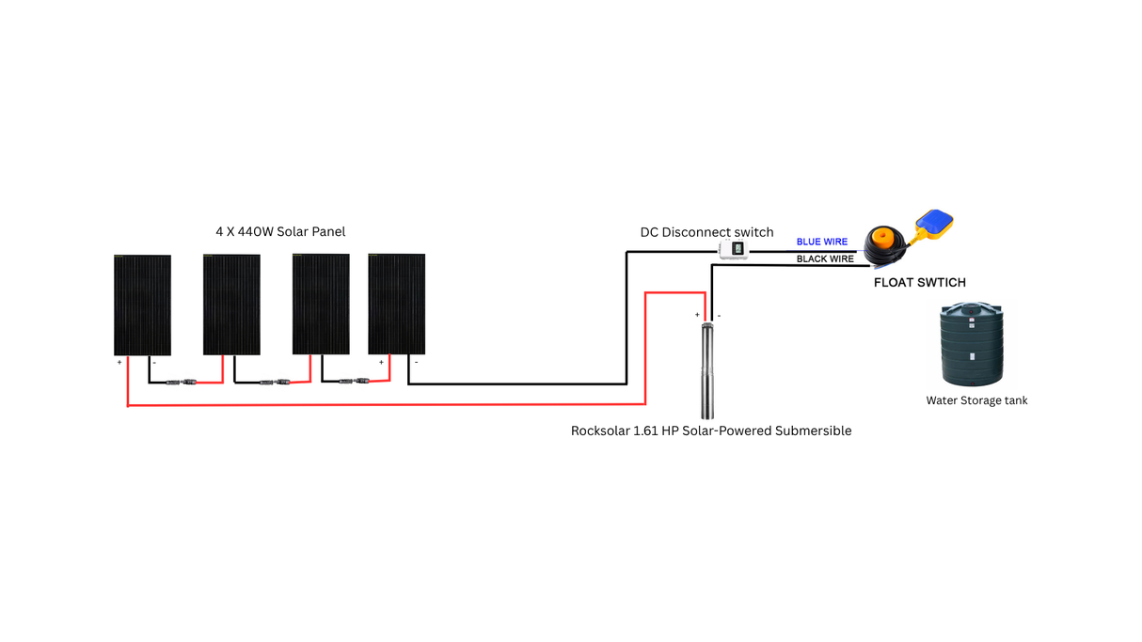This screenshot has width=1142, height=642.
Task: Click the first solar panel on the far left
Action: pyautogui.click(x=142, y=305)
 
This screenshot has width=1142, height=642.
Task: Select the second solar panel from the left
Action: pyautogui.click(x=231, y=305)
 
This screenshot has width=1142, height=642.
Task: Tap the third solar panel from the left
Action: pyautogui.click(x=321, y=305)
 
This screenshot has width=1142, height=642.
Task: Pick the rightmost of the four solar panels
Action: pyautogui.click(x=396, y=305)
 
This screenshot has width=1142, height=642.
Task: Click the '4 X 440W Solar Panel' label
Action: pyautogui.click(x=280, y=231)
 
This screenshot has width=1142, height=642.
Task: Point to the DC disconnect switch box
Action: pyautogui.click(x=734, y=249)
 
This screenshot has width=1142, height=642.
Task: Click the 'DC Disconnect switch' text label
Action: pyautogui.click(x=706, y=232)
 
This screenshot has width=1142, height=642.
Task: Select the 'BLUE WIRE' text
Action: pyautogui.click(x=821, y=243)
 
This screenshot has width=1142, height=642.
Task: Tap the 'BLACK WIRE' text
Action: pyautogui.click(x=825, y=259)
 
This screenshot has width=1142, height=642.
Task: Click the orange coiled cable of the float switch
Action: pyautogui.click(x=887, y=245)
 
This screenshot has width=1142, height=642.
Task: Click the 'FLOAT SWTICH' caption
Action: pyautogui.click(x=919, y=283)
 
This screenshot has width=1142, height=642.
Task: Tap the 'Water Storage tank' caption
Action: pyautogui.click(x=976, y=400)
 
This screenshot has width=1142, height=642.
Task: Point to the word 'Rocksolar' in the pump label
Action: pyautogui.click(x=602, y=431)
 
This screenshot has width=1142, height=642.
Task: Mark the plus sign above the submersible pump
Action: pyautogui.click(x=697, y=316)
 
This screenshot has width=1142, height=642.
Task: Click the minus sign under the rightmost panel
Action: pyautogui.click(x=416, y=362)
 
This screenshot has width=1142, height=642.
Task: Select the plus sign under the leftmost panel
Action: pyautogui.click(x=119, y=362)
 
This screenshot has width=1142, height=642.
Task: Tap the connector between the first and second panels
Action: pyautogui.click(x=181, y=383)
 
